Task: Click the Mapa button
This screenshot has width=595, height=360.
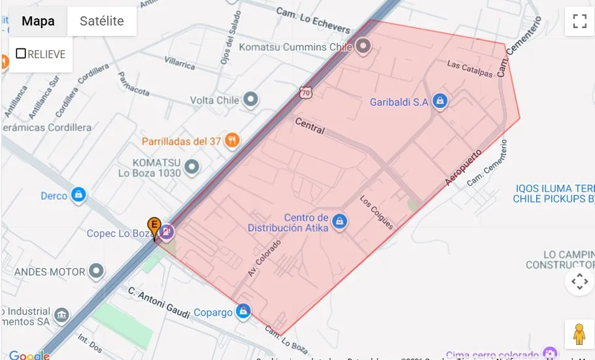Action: click(x=38, y=21)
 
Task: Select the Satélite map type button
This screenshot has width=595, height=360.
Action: click(x=101, y=21)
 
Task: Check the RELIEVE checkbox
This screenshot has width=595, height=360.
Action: click(x=21, y=54)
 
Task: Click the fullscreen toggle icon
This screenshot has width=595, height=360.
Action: click(x=579, y=21)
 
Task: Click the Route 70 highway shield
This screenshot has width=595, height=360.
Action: click(x=306, y=93)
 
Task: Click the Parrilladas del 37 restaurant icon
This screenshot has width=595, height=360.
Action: click(x=231, y=140)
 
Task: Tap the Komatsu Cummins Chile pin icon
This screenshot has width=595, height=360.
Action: click(x=363, y=46)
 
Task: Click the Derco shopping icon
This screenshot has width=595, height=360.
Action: click(x=78, y=195)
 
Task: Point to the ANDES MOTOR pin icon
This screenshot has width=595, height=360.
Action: click(x=97, y=270)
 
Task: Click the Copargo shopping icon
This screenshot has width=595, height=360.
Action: click(x=243, y=312)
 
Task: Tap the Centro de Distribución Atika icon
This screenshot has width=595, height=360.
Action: click(x=339, y=221)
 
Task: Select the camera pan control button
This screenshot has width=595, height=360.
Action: click(x=579, y=282)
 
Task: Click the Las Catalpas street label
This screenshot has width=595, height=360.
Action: click(x=469, y=69)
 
